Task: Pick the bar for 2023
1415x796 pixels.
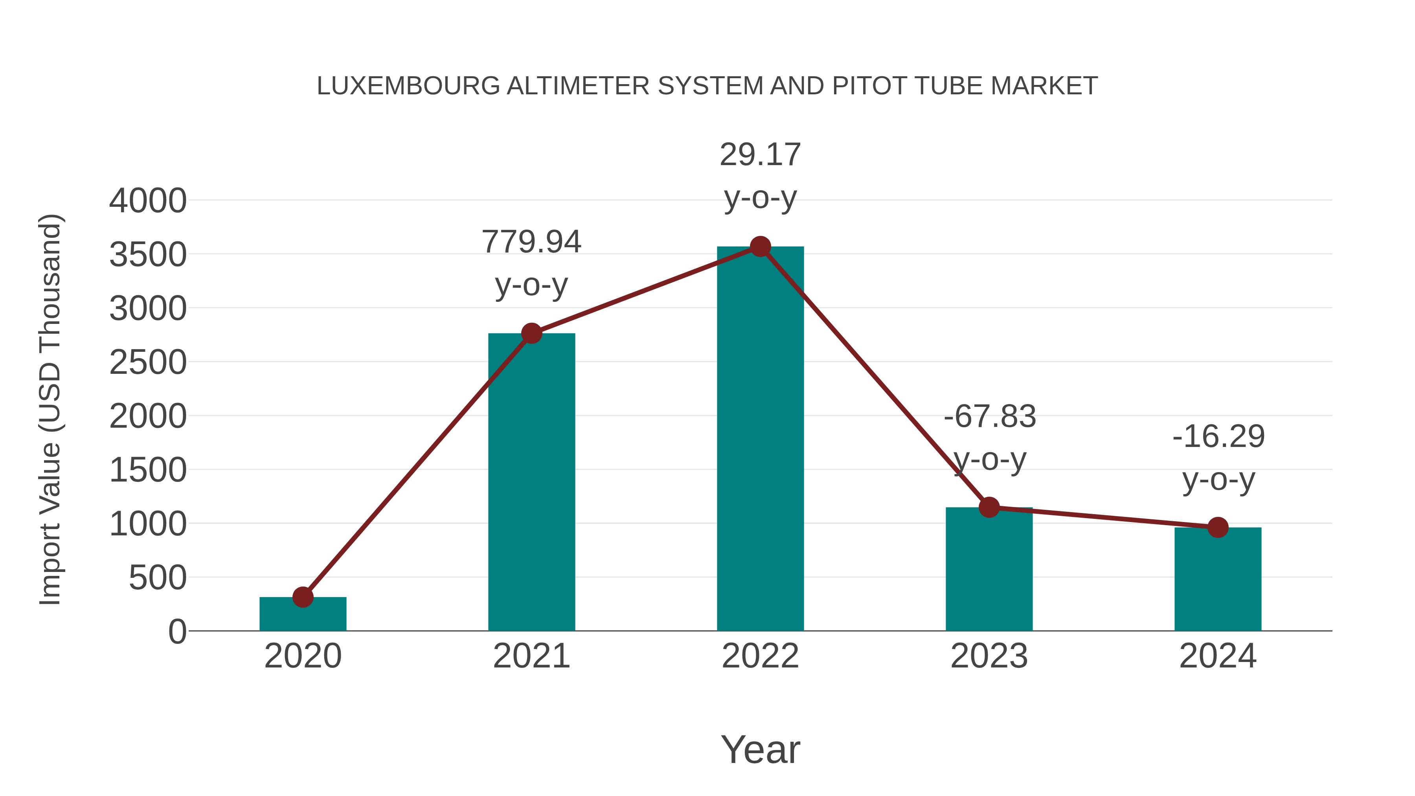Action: [989, 571]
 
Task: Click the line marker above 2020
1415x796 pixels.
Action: [303, 597]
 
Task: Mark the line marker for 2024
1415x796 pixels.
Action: [1217, 528]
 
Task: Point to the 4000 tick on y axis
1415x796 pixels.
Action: [148, 201]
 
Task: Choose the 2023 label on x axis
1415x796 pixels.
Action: [989, 656]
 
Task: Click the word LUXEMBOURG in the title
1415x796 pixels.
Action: [408, 86]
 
